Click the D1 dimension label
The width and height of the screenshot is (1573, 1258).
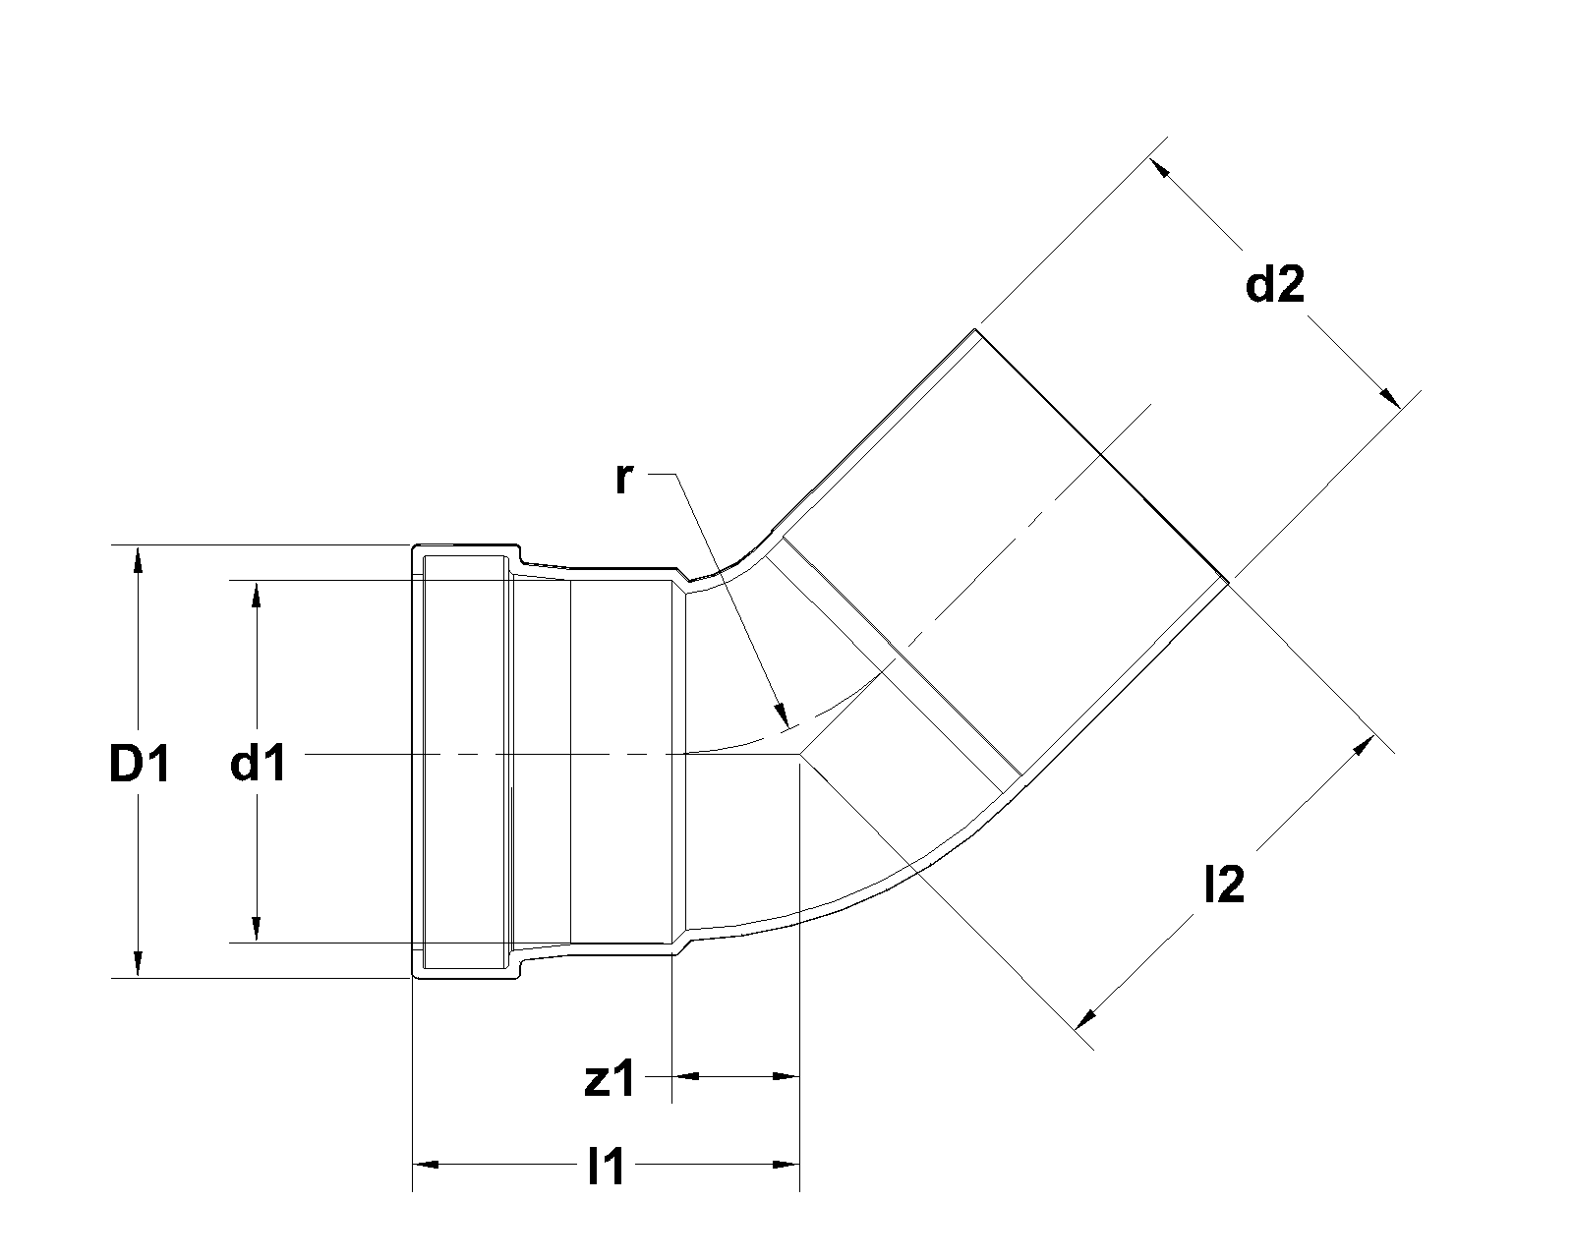(139, 765)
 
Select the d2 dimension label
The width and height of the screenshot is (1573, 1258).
(1274, 286)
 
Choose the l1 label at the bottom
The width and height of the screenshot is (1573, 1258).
(606, 1168)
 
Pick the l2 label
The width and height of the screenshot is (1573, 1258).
(1224, 886)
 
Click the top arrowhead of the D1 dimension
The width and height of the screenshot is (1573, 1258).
(139, 557)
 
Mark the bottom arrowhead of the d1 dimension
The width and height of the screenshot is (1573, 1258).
(257, 930)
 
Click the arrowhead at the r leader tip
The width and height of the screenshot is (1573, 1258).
(783, 716)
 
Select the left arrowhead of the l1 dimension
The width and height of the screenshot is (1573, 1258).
(425, 1166)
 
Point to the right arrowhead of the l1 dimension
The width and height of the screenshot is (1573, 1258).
(786, 1166)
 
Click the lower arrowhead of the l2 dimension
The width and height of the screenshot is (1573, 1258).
(1085, 1016)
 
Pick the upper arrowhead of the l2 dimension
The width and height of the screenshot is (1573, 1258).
(1363, 745)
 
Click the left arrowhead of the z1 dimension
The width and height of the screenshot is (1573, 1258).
(683, 1077)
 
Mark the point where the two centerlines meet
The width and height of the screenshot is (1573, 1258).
(801, 754)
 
